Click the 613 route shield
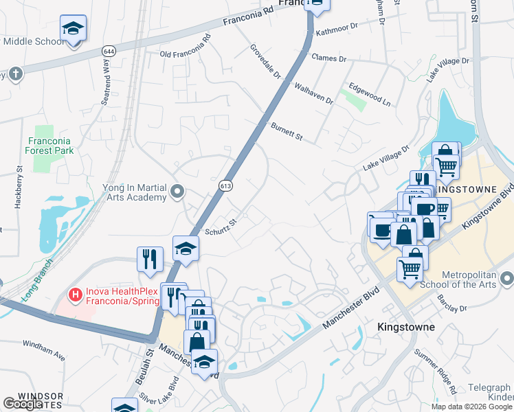[x=225, y=186]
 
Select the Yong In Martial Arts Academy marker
[x=178, y=192]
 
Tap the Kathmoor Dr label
[x=337, y=30]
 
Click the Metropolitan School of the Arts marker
[x=507, y=279]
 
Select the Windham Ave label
[x=43, y=350]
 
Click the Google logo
[x=23, y=404]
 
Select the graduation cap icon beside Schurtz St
[x=186, y=249]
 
